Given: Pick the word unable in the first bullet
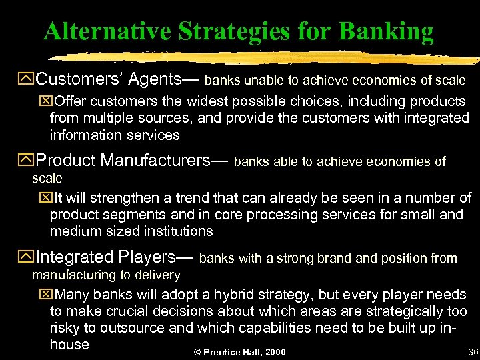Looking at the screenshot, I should (x=262, y=81).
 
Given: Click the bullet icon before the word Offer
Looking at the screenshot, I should (x=47, y=101).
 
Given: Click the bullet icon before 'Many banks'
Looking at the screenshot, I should (x=47, y=295).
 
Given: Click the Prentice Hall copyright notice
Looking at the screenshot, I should (x=239, y=352).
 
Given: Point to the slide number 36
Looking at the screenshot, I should (x=473, y=352).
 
